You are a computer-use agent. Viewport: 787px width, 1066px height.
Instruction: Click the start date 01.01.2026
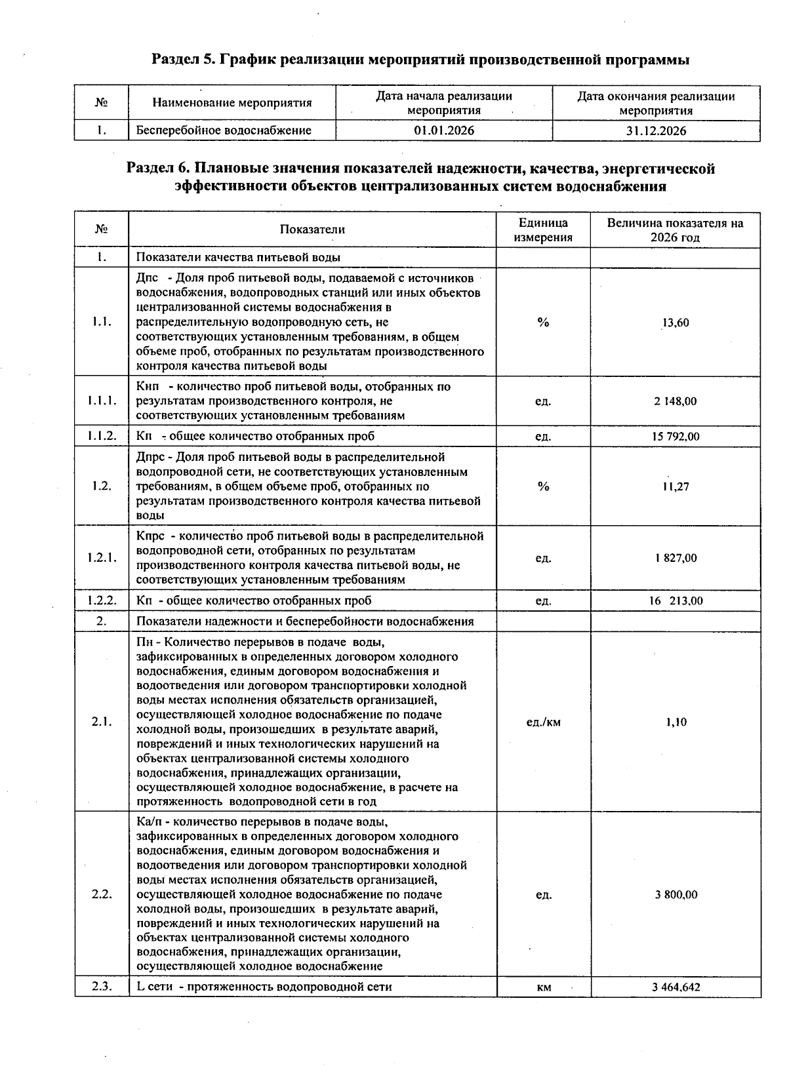(444, 130)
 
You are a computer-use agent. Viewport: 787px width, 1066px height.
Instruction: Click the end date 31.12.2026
(656, 130)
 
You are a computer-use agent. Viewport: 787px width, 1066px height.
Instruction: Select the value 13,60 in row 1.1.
(676, 323)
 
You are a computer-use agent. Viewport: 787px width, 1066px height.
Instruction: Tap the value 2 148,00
(676, 401)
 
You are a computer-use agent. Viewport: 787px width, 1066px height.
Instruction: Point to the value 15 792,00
(676, 437)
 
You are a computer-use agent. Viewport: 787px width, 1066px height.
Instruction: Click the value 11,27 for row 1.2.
(676, 486)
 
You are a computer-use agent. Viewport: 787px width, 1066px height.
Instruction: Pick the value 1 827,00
(676, 559)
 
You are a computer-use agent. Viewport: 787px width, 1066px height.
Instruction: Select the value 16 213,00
(676, 601)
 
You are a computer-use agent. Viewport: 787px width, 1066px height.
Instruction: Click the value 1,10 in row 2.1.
(676, 722)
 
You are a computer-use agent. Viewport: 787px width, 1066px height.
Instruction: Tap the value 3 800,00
(676, 895)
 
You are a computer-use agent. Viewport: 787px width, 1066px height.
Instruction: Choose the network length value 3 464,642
(676, 987)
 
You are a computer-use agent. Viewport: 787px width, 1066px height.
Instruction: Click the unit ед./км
(544, 722)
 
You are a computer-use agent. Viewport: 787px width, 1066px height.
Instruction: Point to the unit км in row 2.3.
(543, 987)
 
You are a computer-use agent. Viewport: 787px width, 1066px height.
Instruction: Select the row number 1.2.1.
(102, 559)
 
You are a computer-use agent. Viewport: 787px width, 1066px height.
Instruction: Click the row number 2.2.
(102, 895)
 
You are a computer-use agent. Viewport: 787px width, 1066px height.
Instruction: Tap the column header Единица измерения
(543, 230)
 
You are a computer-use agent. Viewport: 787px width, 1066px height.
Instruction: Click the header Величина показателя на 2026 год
(676, 230)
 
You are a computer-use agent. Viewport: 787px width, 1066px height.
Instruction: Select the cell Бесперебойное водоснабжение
(224, 130)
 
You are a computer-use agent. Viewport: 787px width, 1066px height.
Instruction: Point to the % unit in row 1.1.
(543, 323)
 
